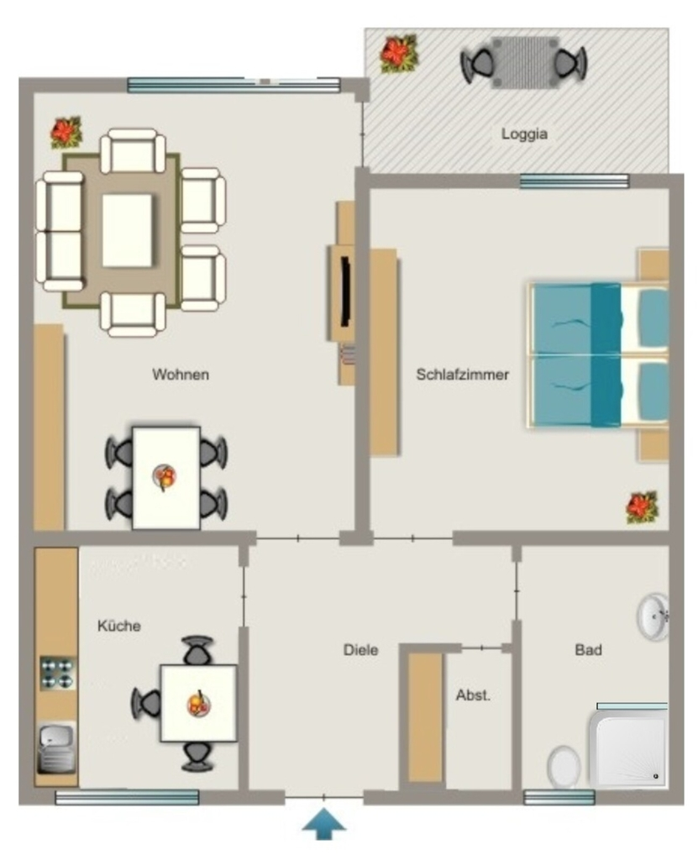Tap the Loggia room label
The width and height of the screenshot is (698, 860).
tap(524, 134)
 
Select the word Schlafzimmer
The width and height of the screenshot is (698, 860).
tap(462, 375)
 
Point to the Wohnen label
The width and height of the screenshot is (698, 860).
tap(181, 375)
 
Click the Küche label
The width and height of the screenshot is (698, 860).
tap(119, 626)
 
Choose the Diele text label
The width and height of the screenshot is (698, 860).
tap(360, 650)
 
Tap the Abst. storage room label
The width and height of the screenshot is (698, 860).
tap(473, 695)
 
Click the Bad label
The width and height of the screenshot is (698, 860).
tap(588, 650)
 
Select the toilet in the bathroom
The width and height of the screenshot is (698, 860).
tap(564, 767)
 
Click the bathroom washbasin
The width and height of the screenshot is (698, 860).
tap(653, 616)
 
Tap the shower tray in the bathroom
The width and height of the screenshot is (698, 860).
tap(629, 748)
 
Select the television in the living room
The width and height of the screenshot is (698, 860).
tap(345, 291)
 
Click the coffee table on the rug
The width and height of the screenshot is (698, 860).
tap(127, 230)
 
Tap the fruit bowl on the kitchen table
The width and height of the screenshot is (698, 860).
tap(198, 704)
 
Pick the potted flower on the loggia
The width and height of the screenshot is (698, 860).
tap(399, 54)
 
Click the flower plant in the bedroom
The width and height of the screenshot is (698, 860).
tap(642, 506)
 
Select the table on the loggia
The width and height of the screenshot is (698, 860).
tap(524, 62)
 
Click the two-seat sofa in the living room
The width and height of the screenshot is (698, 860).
tap(60, 231)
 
